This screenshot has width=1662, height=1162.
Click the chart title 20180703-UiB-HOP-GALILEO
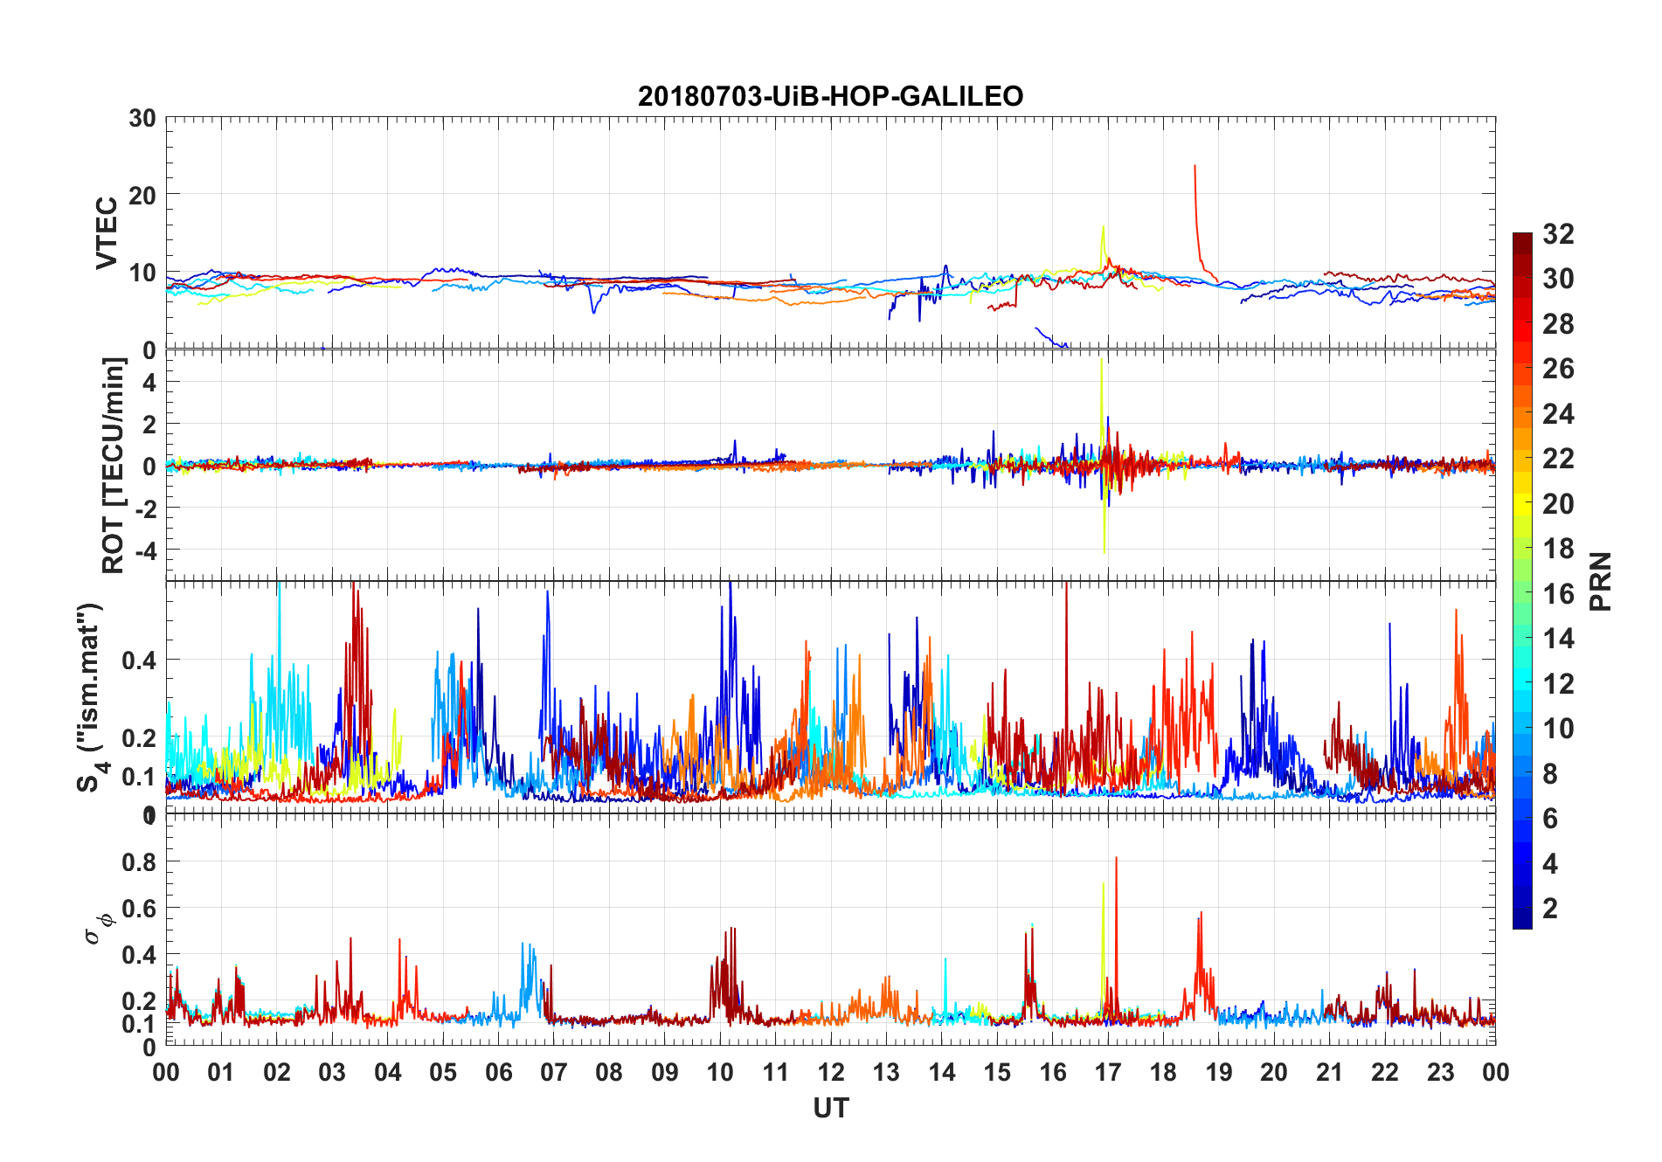[x=830, y=96]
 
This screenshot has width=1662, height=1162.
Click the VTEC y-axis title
[x=107, y=232]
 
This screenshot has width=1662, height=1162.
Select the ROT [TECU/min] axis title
[x=114, y=465]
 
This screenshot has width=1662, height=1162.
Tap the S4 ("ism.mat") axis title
[x=93, y=697]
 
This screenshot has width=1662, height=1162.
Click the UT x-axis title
[x=830, y=1108]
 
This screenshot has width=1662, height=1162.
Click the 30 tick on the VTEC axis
[x=142, y=119]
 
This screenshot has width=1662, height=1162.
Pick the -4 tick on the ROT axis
[x=145, y=550]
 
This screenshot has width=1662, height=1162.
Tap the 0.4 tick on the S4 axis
[x=139, y=661]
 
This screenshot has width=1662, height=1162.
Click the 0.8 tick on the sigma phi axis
[x=139, y=862]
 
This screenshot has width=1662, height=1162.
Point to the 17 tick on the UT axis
[x=1107, y=1072]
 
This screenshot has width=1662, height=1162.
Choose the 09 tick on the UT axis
[x=664, y=1072]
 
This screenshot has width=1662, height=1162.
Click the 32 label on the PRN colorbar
[x=1558, y=234]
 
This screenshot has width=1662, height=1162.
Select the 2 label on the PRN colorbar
[x=1550, y=909]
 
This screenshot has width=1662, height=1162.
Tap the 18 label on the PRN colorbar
[x=1558, y=549]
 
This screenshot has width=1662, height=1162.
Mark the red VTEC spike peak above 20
[x=1195, y=166]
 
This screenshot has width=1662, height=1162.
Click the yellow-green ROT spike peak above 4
[x=1101, y=360]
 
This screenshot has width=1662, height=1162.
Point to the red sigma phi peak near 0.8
[x=1116, y=859]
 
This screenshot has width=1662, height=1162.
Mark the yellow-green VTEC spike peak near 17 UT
[x=1103, y=227]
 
